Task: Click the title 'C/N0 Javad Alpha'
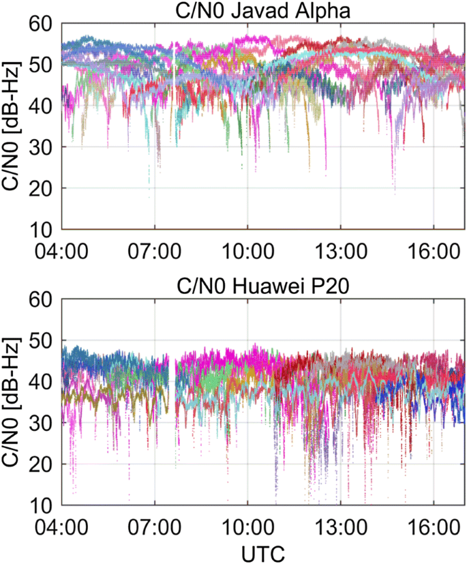tap(263, 10)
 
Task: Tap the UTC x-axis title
tap(263, 551)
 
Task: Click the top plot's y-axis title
tap(12, 126)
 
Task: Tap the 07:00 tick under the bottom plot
tap(155, 527)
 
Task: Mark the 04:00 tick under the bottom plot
tap(63, 527)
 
